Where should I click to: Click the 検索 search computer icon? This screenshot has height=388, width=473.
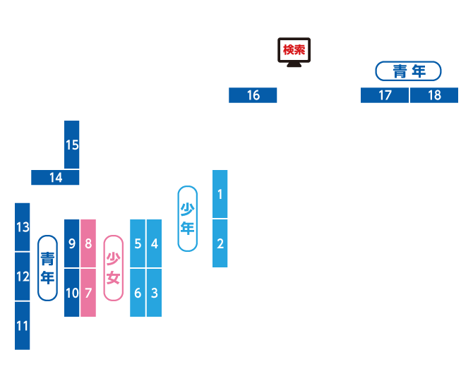tap(293, 51)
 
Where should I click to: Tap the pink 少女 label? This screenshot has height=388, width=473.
tap(113, 268)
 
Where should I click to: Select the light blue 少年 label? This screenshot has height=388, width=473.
tap(187, 219)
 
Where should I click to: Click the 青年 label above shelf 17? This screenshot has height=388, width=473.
tap(408, 71)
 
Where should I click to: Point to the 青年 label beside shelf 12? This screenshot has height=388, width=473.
tap(47, 268)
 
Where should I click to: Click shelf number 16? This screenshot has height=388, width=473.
tap(253, 95)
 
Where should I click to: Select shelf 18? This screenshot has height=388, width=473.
tap(434, 95)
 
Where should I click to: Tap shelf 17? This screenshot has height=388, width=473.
tap(385, 95)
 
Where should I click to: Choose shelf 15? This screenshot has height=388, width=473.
tap(72, 145)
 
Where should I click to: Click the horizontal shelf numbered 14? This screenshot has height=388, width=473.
tap(55, 178)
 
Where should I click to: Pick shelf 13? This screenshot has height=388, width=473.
tap(23, 227)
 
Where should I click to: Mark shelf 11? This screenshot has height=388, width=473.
tap(23, 326)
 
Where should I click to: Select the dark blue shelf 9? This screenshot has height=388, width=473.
tap(72, 243)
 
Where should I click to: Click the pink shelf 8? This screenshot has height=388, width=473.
tap(88, 243)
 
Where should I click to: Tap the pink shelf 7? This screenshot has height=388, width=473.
tap(88, 292)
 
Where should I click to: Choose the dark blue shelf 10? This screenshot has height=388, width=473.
tap(72, 292)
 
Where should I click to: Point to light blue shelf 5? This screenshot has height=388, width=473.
tap(138, 243)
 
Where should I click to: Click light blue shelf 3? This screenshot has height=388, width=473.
tap(154, 292)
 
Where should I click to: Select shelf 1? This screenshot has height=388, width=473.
tap(220, 194)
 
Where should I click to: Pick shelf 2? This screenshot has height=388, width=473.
tap(220, 243)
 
